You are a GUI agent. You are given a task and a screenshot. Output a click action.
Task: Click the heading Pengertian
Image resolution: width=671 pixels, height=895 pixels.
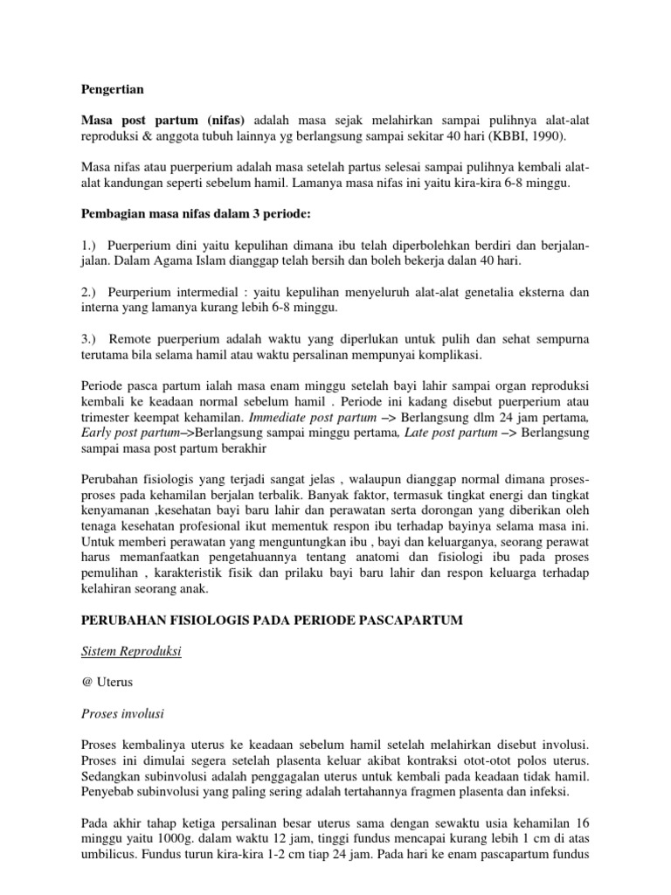(113, 89)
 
